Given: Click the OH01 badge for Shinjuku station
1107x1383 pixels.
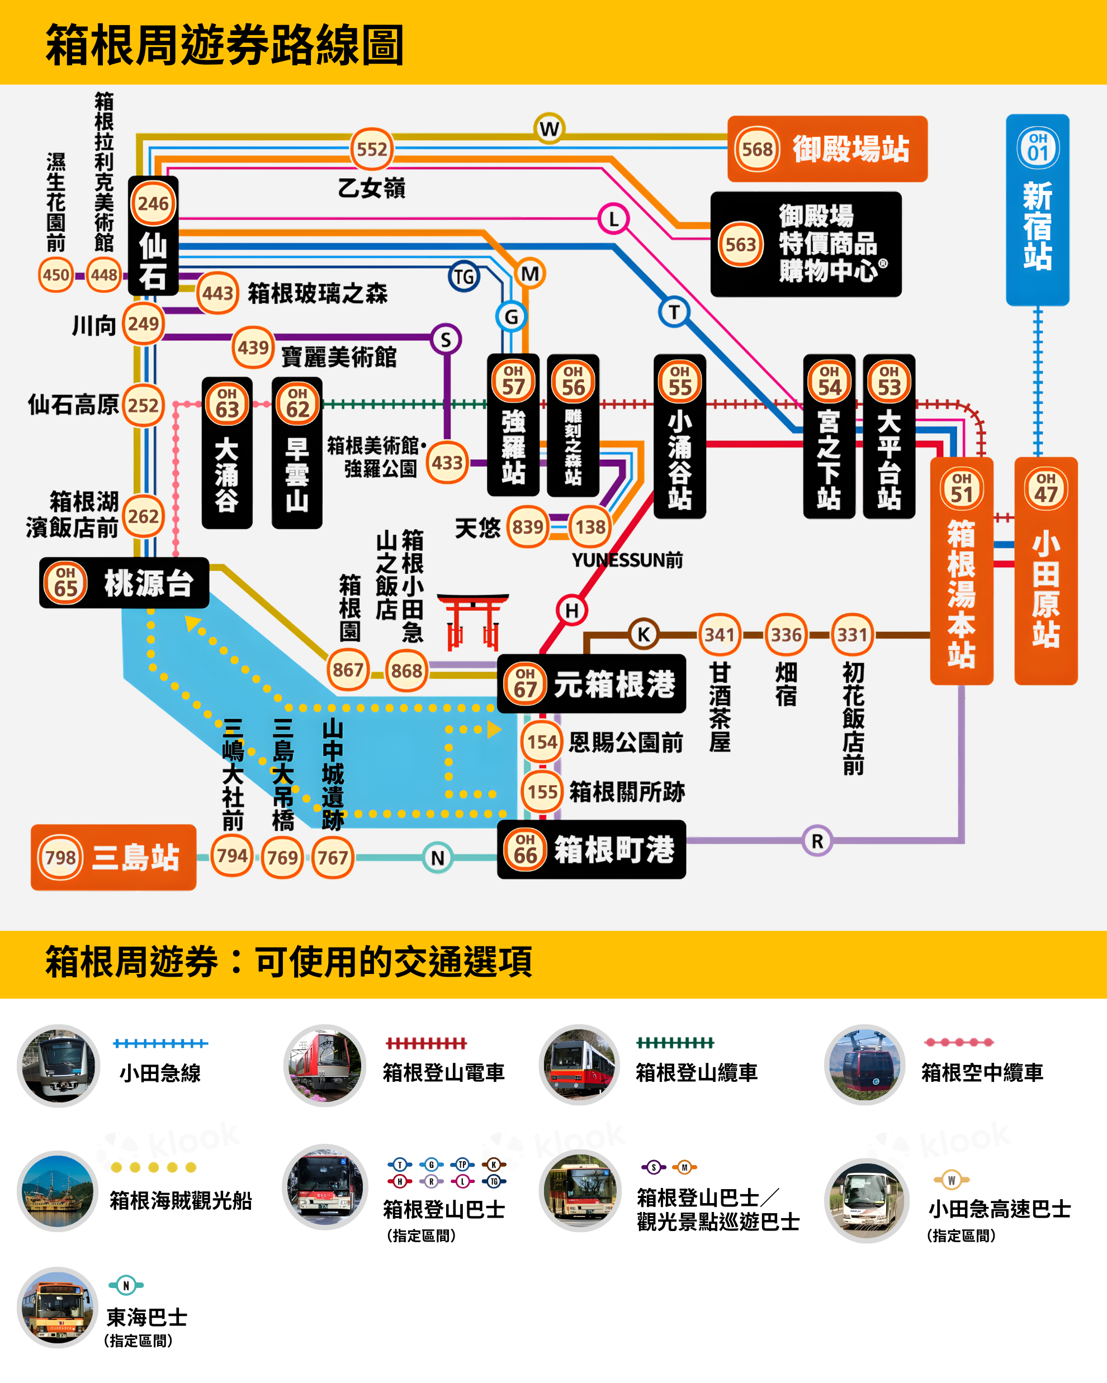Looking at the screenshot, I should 1038,148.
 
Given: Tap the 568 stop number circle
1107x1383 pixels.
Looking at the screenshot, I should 756,149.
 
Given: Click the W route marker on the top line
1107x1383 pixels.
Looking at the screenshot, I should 548,129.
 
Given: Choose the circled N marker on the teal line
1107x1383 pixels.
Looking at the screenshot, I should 438,858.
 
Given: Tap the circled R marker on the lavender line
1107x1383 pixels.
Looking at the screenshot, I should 817,841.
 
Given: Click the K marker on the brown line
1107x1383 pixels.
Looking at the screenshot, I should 643,634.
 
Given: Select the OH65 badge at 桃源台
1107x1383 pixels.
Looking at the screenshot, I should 65,582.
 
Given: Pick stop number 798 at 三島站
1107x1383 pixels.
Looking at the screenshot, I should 61,857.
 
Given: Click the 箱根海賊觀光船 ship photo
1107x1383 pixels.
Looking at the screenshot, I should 58,1192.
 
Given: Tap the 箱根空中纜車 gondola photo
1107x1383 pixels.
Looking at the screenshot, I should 865,1065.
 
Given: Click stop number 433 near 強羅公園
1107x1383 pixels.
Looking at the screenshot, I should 447,463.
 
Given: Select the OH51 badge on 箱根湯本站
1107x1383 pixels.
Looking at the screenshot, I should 961,488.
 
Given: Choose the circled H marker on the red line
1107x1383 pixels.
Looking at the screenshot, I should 572,610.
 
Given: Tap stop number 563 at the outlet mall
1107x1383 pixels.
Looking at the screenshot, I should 740,244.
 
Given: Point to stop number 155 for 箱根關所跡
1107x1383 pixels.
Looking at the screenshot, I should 542,792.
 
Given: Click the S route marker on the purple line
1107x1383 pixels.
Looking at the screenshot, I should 446,339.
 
